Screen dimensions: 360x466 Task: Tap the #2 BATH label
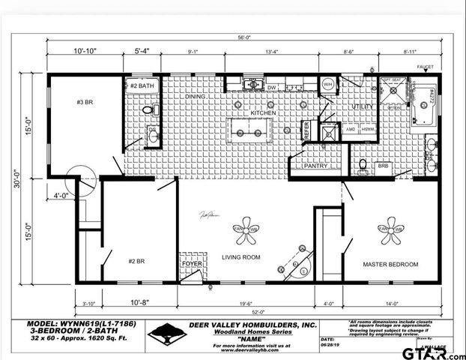[142, 86]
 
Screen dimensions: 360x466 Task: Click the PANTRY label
[315, 166]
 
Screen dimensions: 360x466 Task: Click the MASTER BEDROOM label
[390, 265]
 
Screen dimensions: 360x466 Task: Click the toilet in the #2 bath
[148, 109]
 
